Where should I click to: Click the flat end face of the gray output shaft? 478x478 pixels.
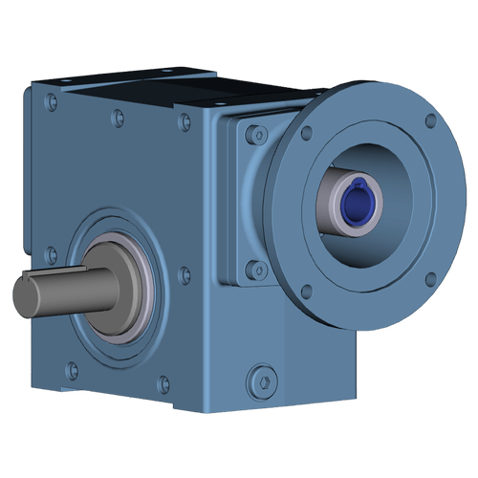coord(24,296)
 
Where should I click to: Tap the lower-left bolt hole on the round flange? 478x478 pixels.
coord(306,293)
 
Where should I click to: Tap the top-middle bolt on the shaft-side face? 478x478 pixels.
coord(118,118)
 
